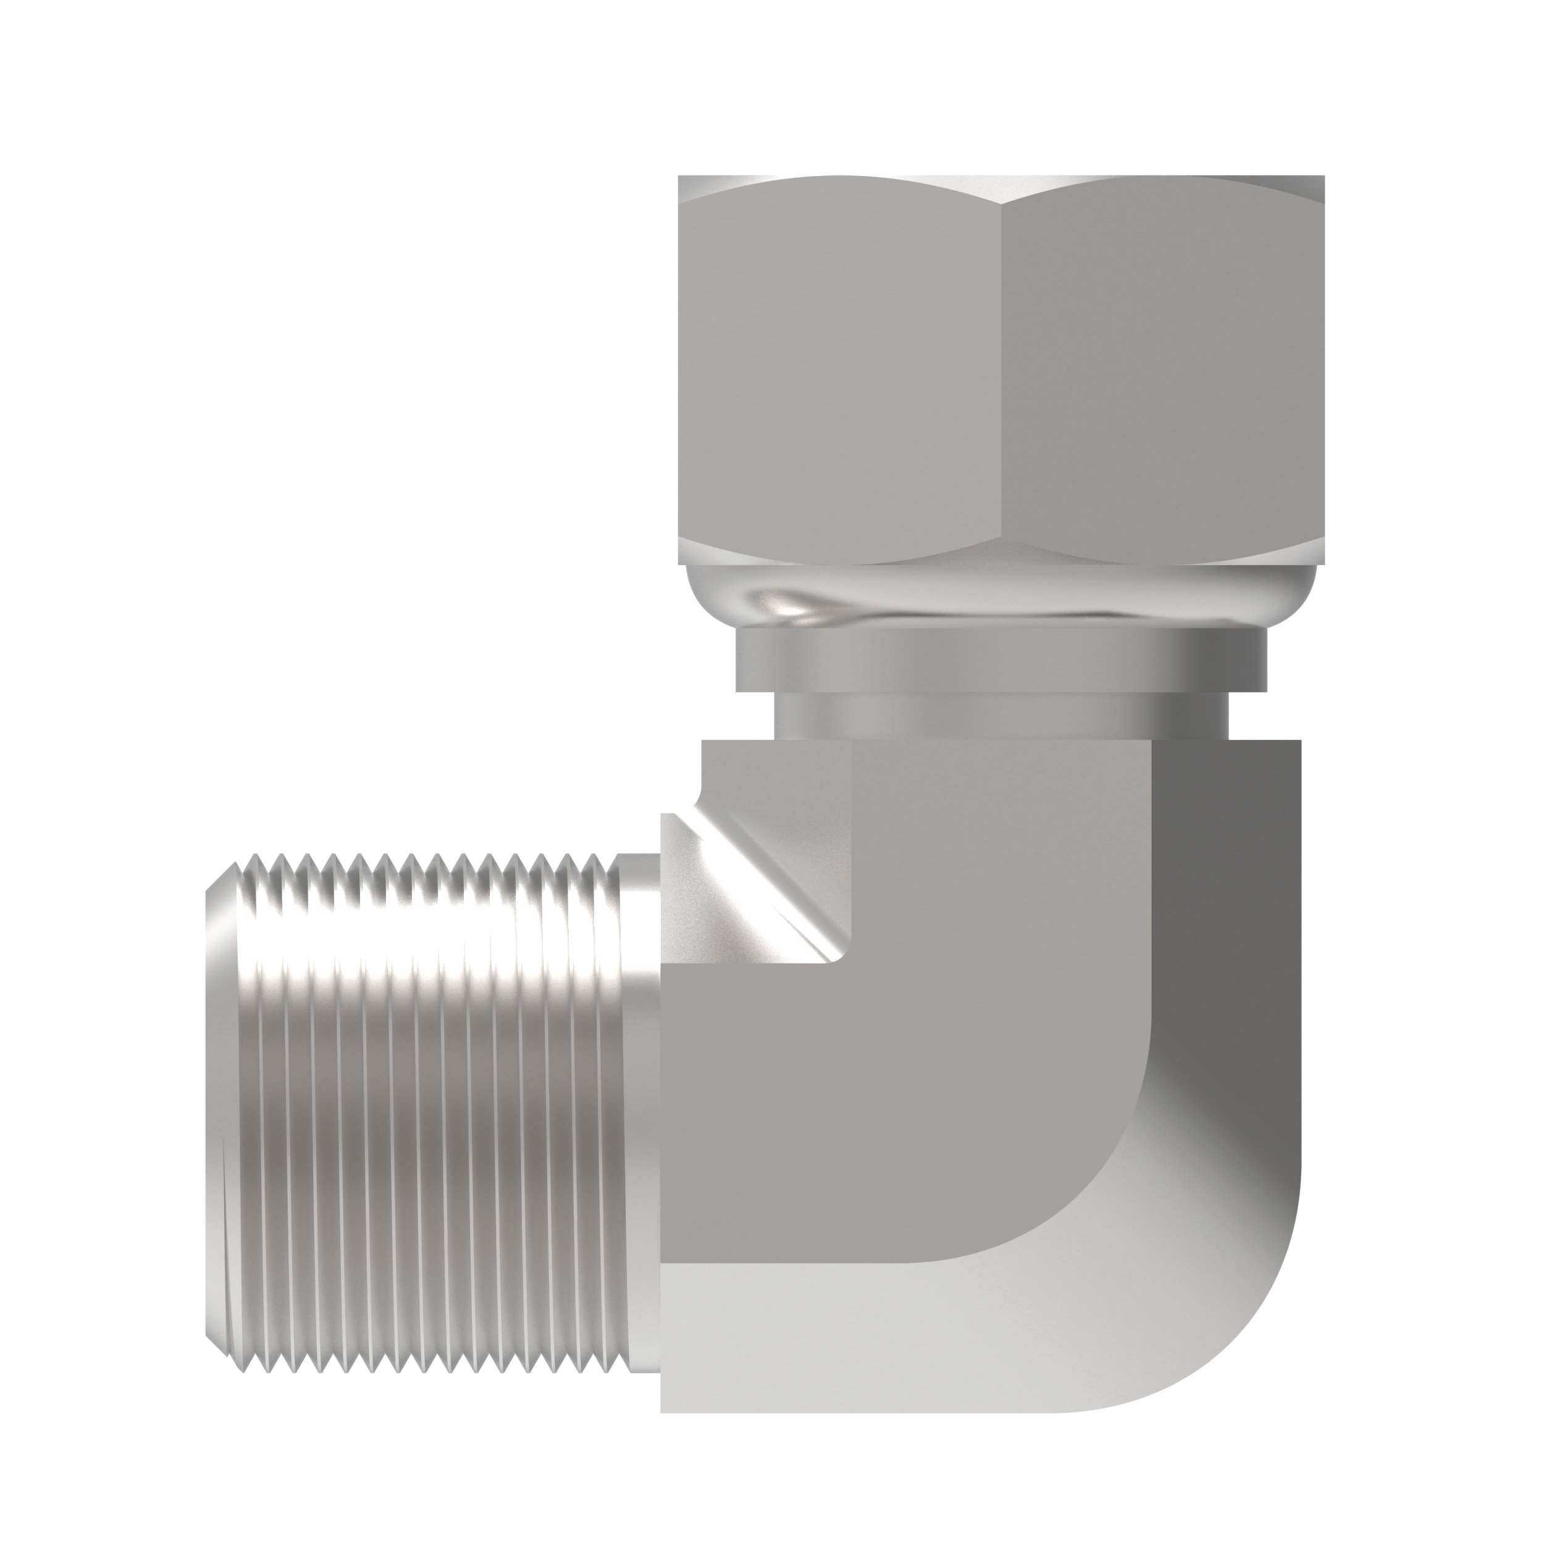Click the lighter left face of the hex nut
839,367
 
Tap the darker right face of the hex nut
1159,367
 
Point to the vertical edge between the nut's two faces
1001,367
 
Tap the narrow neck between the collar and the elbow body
999,714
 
